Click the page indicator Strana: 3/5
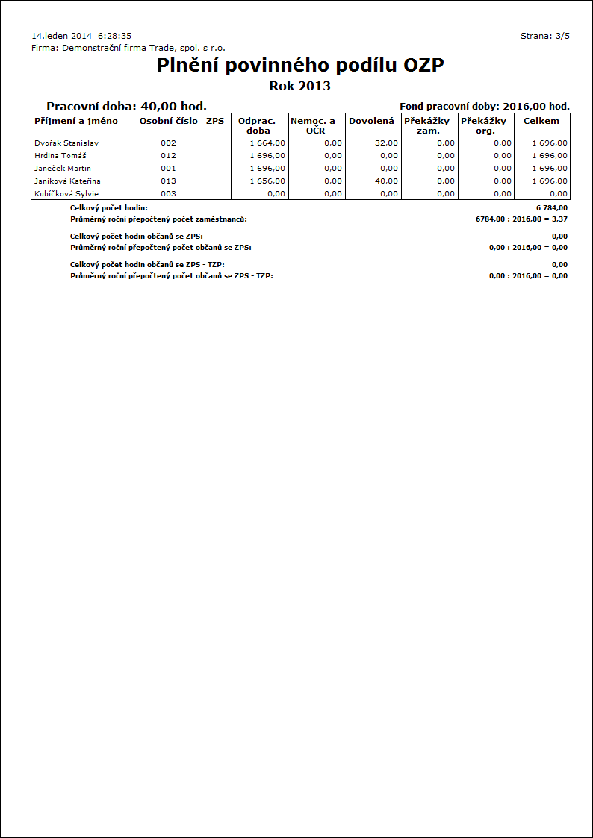coord(544,36)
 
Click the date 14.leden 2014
coord(62,36)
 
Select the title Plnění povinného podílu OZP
coord(300,66)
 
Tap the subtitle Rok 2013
coord(299,86)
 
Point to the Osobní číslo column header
coord(169,121)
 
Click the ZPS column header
coord(215,121)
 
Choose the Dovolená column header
coord(371,121)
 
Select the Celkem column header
coord(541,121)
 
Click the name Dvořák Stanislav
coord(66,143)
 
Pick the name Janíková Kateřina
coord(68,181)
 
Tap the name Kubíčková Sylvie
coord(66,194)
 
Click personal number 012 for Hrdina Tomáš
coord(168,156)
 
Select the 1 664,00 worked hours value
coord(267,143)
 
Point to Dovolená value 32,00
coord(386,143)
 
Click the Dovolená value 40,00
coord(386,181)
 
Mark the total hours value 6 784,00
coord(552,208)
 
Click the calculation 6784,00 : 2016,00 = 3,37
coord(521,220)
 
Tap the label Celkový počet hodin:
coord(109,208)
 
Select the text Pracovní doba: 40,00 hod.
coord(126,107)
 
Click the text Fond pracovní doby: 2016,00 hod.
coord(485,107)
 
